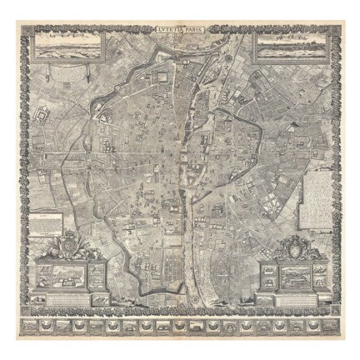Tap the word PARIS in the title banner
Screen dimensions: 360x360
pos(192,32)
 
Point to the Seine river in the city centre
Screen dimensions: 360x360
pos(187,192)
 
